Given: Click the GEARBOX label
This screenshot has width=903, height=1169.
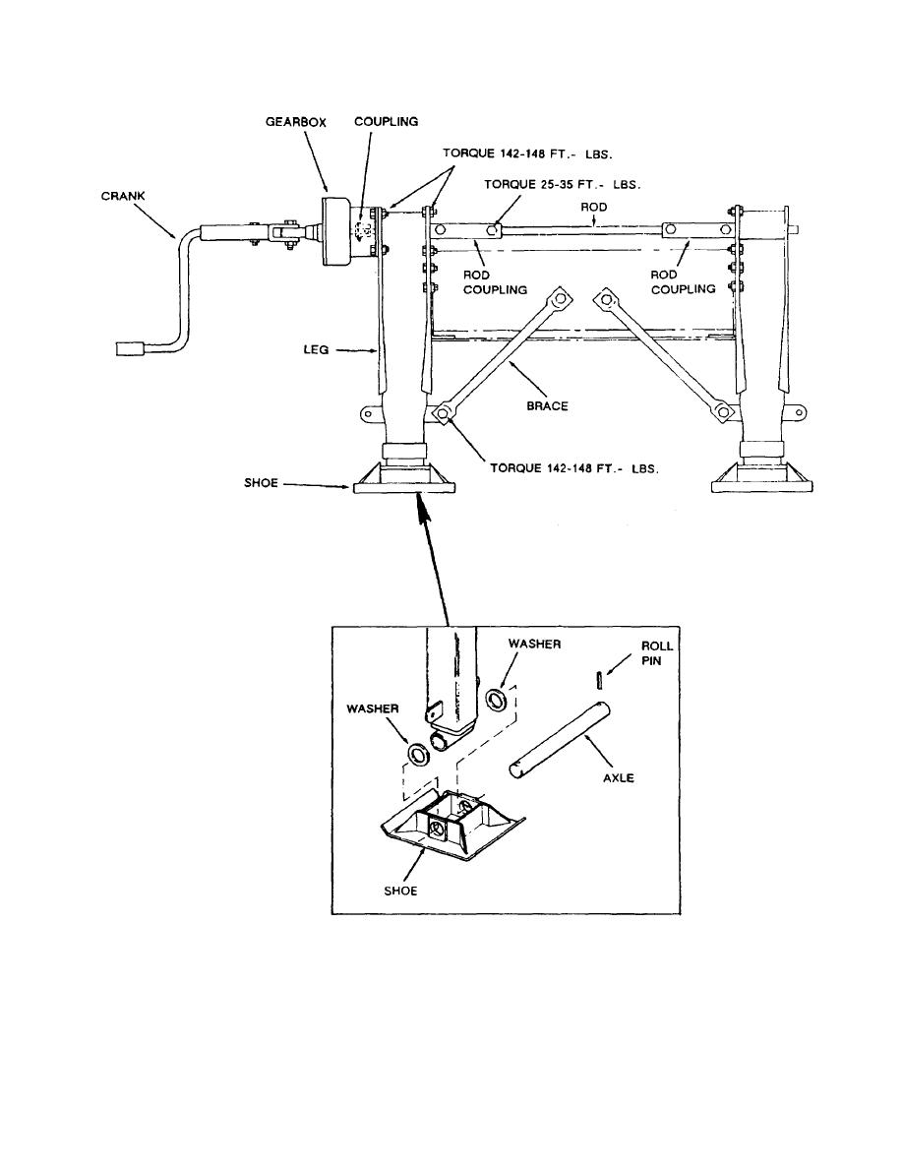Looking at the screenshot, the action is (296, 121).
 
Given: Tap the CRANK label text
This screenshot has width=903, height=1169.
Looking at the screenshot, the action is (123, 196).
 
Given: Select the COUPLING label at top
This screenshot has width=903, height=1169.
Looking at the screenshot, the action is (386, 121).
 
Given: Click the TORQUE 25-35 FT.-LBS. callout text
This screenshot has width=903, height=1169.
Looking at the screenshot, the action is (563, 184).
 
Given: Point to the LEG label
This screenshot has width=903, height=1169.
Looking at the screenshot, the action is (316, 349).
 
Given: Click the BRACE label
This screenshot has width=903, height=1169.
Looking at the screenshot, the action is (548, 405).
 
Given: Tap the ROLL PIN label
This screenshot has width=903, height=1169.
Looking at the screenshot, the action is (657, 653).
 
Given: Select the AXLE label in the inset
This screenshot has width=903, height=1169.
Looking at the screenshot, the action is (619, 777).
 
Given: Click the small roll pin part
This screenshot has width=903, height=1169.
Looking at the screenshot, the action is (600, 680).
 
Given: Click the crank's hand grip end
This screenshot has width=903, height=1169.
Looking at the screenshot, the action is (131, 347).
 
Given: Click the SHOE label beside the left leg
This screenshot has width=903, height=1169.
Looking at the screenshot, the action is (261, 482).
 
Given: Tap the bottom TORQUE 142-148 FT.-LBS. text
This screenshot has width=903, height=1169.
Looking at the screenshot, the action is (574, 468).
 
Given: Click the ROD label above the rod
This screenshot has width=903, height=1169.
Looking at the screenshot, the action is (594, 207).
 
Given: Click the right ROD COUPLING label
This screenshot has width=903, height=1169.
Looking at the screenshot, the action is (683, 281).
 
